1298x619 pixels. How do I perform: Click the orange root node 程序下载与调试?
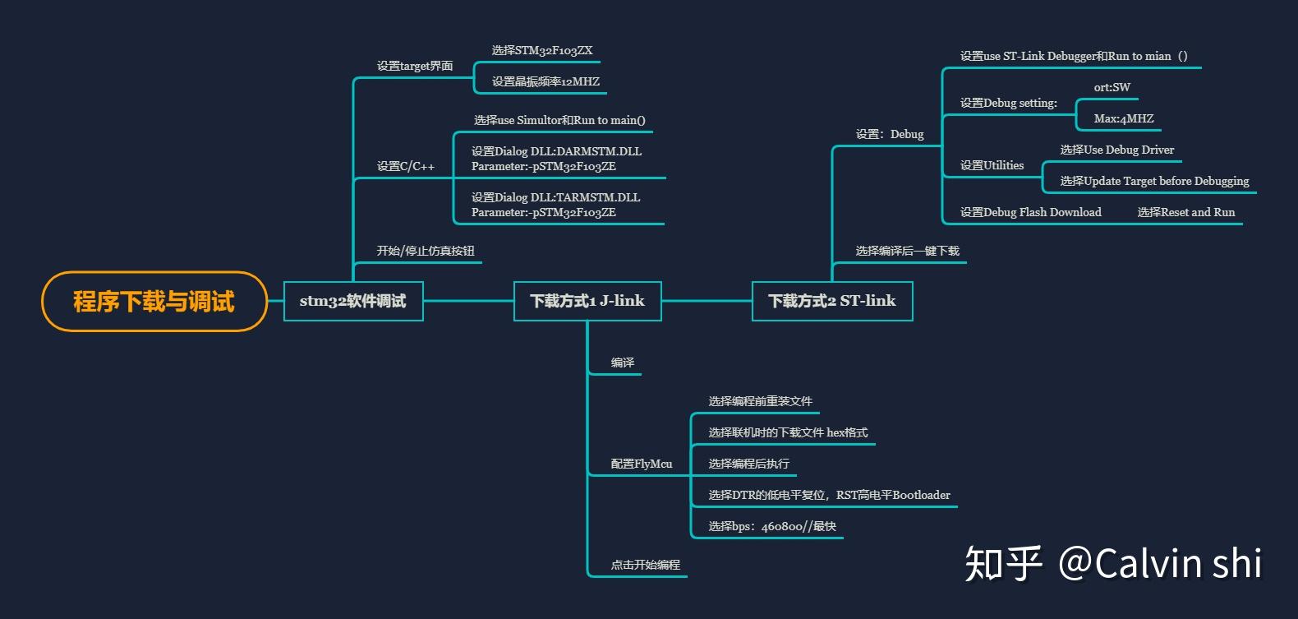(x=154, y=302)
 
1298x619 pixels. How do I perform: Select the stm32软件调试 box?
(x=353, y=301)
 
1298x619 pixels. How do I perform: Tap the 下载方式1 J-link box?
(x=587, y=301)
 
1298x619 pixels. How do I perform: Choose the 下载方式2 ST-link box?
(x=832, y=301)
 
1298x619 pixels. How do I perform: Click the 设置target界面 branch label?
(x=415, y=66)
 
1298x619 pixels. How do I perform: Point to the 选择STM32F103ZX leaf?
(x=542, y=50)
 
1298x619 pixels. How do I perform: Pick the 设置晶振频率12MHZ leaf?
(x=545, y=81)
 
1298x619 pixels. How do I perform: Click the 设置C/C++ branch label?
(x=406, y=166)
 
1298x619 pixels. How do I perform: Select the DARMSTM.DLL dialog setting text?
(x=556, y=159)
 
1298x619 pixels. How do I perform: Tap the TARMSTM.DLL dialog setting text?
(x=555, y=205)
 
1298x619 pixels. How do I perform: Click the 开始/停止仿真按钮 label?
(x=426, y=251)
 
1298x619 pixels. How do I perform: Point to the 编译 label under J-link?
(x=623, y=363)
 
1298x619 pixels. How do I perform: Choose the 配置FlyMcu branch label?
(x=642, y=464)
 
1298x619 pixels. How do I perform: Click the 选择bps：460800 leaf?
(x=772, y=526)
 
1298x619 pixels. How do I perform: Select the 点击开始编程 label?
(x=646, y=565)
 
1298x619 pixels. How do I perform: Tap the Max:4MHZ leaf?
(x=1124, y=118)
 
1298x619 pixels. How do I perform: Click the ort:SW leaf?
(x=1112, y=87)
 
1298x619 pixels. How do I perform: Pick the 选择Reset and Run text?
(x=1186, y=212)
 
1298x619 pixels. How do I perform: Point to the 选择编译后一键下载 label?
(x=908, y=251)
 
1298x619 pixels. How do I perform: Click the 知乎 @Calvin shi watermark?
(x=1113, y=564)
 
